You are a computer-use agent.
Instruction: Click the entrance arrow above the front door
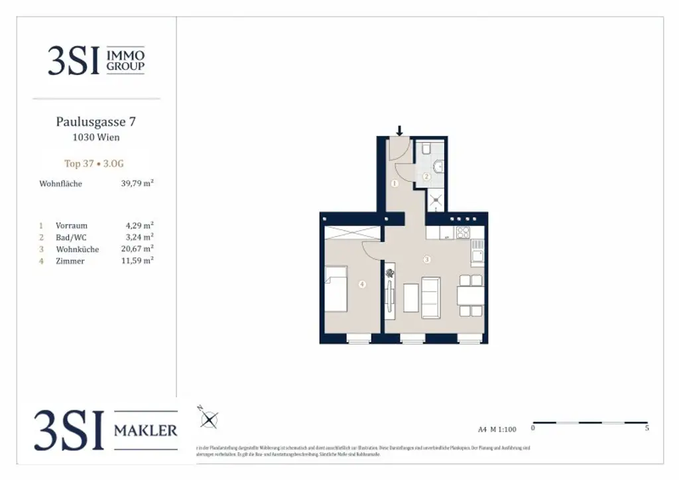click(399, 131)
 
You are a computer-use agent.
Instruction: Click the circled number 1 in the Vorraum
click(395, 183)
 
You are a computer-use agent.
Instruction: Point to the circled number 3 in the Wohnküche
click(427, 259)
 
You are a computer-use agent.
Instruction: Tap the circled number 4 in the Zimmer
click(361, 284)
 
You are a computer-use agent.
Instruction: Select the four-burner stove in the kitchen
click(463, 233)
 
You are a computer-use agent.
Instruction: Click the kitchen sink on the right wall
click(477, 253)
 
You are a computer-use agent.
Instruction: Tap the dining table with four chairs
click(470, 294)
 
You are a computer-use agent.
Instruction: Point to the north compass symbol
click(209, 419)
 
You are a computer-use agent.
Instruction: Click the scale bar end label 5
click(647, 428)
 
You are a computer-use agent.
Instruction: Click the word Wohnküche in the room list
click(78, 249)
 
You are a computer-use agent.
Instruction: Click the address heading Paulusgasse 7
click(96, 122)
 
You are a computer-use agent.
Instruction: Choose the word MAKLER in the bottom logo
click(146, 431)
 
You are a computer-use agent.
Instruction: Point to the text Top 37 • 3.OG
click(93, 164)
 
